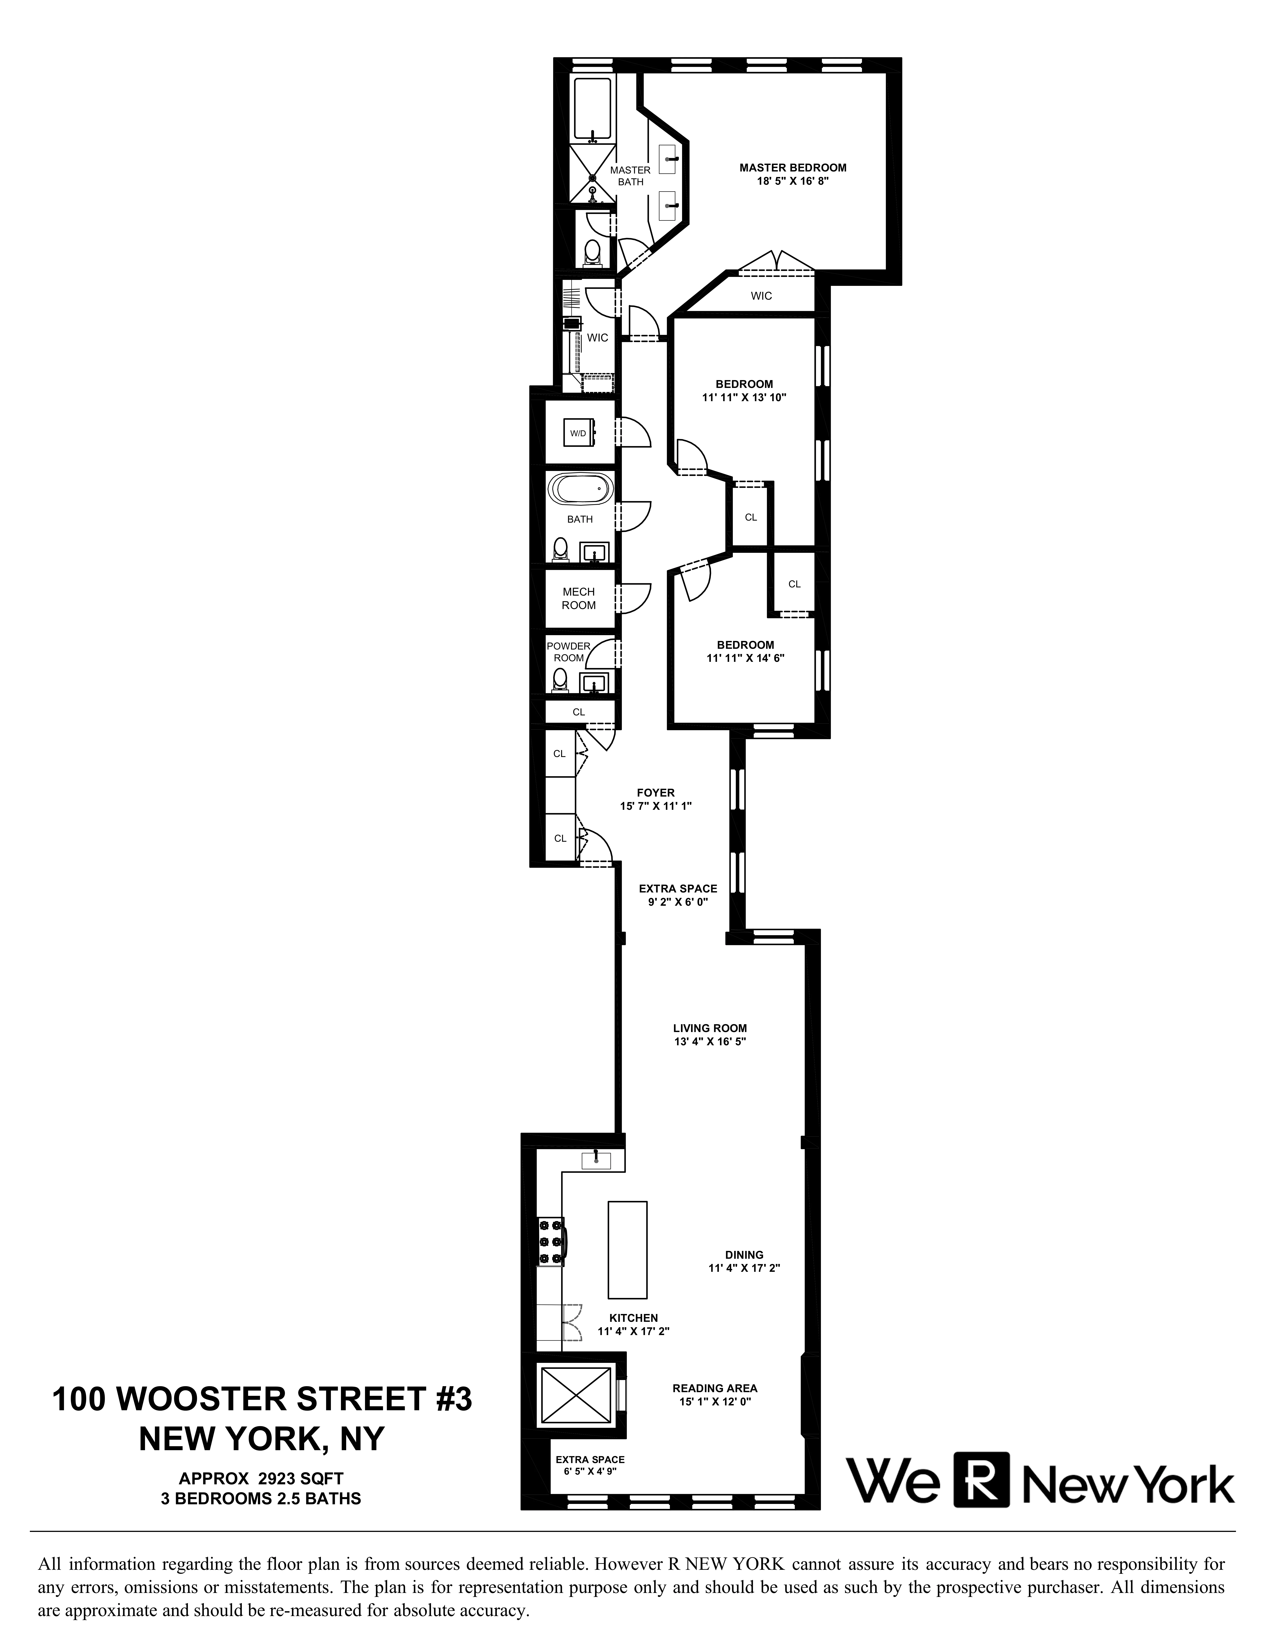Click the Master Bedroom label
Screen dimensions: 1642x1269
click(792, 168)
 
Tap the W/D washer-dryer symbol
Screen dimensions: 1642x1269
click(579, 433)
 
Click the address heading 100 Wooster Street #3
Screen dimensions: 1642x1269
click(262, 1400)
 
